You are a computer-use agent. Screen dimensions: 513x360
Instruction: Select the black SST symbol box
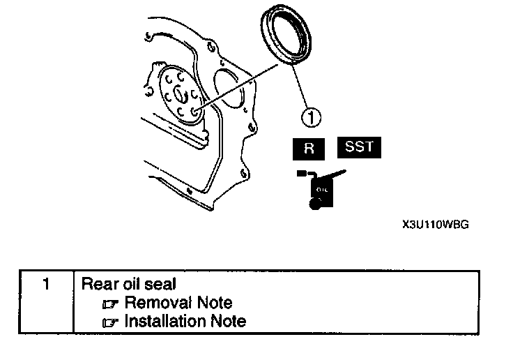[x=360, y=148]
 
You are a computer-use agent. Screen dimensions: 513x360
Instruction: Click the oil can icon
[x=319, y=188]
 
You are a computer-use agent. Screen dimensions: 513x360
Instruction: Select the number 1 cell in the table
[x=45, y=285]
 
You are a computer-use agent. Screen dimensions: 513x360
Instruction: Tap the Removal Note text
[x=178, y=303]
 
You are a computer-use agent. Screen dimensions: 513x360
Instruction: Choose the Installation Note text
[x=185, y=321]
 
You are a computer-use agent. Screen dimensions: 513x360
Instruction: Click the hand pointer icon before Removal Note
[x=112, y=303]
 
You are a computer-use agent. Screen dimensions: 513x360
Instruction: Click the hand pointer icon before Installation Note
[x=112, y=322]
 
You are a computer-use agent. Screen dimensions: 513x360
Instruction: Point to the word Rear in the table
[x=97, y=285]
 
